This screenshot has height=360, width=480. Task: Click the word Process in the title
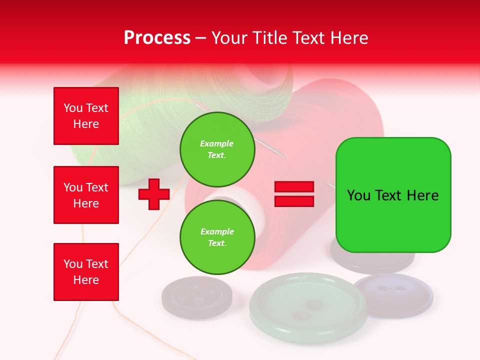click(x=157, y=38)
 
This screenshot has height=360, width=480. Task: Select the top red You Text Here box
click(x=86, y=116)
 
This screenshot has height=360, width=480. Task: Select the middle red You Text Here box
click(x=86, y=195)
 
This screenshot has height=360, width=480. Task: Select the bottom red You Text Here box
click(x=86, y=271)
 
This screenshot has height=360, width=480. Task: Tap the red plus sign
click(x=154, y=194)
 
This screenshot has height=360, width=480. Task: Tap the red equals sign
click(x=294, y=194)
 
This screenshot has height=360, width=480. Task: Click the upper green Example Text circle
click(x=217, y=149)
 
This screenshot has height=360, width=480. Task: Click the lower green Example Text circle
click(x=217, y=237)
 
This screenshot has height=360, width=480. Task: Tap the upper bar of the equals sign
click(x=294, y=187)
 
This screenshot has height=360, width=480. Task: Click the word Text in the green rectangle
click(x=389, y=195)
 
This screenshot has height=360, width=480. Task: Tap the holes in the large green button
click(x=307, y=310)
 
